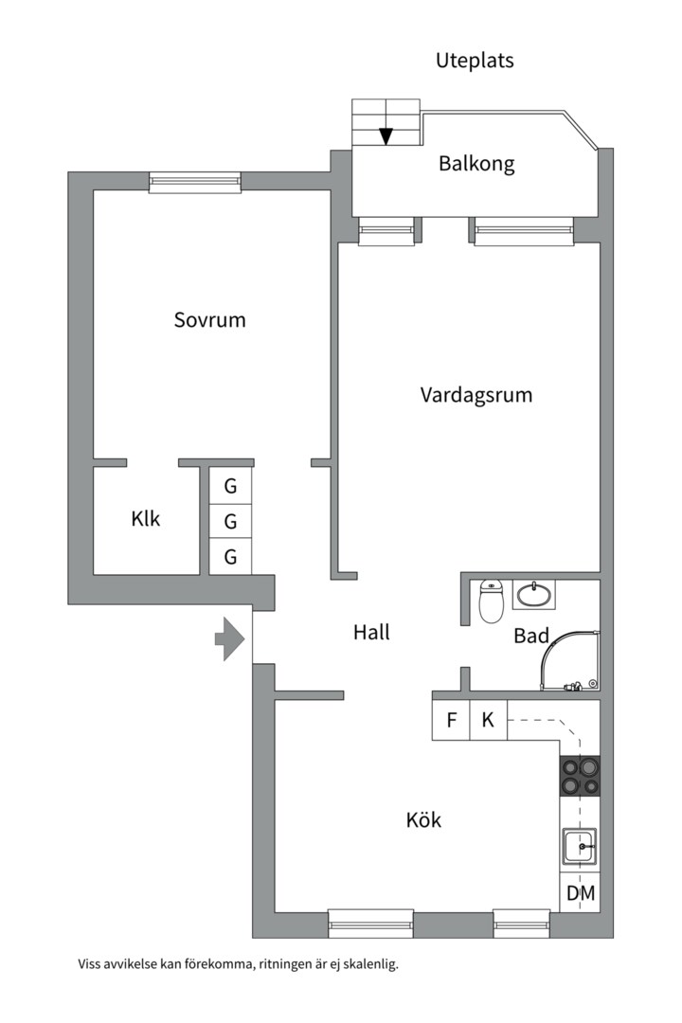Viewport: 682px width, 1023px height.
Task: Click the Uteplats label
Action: point(475,61)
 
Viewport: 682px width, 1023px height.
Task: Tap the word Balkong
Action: point(476,163)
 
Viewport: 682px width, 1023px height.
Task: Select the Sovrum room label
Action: point(209,319)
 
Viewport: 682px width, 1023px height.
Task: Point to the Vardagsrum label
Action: point(476,395)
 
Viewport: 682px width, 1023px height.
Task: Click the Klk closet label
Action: point(146,519)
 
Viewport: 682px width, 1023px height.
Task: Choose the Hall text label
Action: point(371,632)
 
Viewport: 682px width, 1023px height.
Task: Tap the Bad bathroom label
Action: point(531,636)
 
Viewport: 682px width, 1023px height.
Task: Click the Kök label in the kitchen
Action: point(423,820)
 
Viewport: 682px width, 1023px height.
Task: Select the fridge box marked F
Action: point(452,720)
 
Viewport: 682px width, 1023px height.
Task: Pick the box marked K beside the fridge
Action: point(488,720)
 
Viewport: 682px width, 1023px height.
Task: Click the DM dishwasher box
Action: point(580,892)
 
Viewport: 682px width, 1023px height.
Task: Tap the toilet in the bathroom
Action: point(491,601)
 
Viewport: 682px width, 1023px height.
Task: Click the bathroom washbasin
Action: point(534,595)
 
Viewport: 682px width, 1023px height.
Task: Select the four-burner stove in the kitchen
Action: point(580,776)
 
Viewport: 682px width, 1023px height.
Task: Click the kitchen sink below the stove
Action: point(579,846)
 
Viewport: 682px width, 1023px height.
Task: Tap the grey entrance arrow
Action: point(230,638)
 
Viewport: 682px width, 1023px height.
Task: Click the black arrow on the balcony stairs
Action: point(386,136)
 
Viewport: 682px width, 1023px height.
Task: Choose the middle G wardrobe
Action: point(230,521)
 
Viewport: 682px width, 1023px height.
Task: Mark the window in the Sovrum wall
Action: point(195,182)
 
